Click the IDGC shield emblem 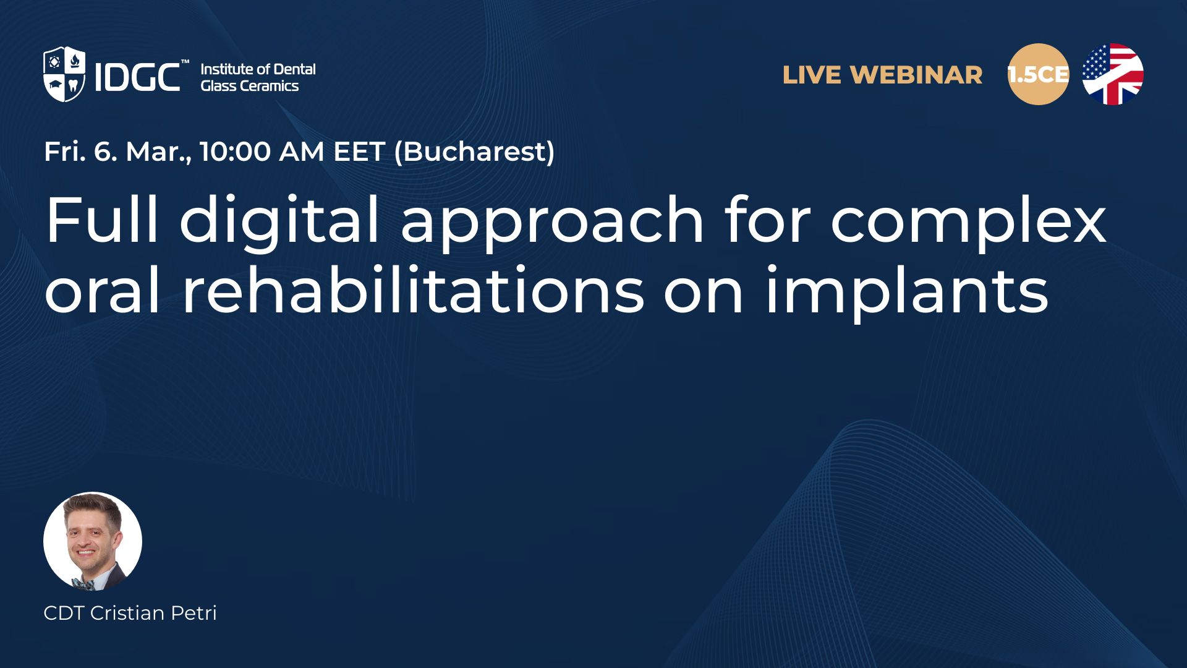click(x=64, y=74)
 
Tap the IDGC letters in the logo click(x=137, y=77)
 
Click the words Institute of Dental click(x=258, y=69)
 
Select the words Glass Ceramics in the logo click(x=250, y=86)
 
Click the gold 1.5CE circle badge click(x=1038, y=74)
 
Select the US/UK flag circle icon click(x=1113, y=74)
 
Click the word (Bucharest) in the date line click(x=474, y=152)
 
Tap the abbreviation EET click(x=359, y=152)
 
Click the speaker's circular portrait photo click(x=93, y=541)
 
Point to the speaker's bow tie click(x=83, y=582)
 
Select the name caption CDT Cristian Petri click(x=130, y=613)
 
